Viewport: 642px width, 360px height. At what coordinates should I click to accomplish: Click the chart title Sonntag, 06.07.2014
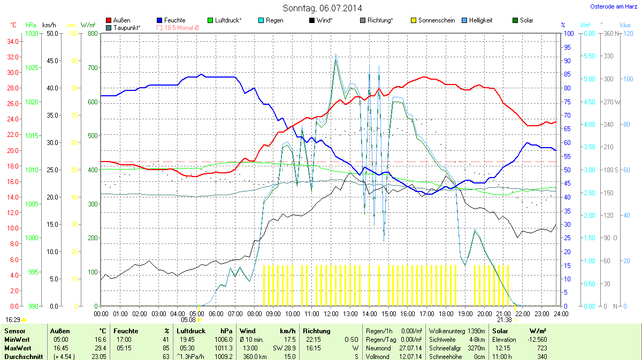(x=322, y=8)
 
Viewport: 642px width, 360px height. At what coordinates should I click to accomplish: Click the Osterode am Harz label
(x=613, y=6)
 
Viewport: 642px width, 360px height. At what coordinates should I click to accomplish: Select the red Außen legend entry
(x=118, y=20)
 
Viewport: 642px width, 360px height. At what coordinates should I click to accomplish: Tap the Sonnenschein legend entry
(x=433, y=20)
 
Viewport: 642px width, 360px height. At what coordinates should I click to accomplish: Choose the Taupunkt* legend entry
(x=123, y=28)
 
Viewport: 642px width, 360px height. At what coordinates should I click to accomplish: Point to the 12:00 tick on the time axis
(x=331, y=313)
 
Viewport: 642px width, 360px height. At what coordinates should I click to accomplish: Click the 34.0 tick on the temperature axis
(x=13, y=42)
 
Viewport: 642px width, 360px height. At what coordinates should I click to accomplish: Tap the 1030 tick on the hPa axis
(x=32, y=34)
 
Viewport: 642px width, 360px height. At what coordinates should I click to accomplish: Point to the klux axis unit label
(x=625, y=25)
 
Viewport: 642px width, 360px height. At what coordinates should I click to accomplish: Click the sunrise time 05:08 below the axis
(x=189, y=319)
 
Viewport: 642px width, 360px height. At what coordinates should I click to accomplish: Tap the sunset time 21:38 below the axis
(x=505, y=319)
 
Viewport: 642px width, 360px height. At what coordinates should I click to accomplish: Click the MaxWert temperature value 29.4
(x=100, y=348)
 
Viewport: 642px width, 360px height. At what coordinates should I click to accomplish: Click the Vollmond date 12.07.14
(x=411, y=356)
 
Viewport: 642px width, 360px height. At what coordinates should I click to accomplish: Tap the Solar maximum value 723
(x=541, y=348)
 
